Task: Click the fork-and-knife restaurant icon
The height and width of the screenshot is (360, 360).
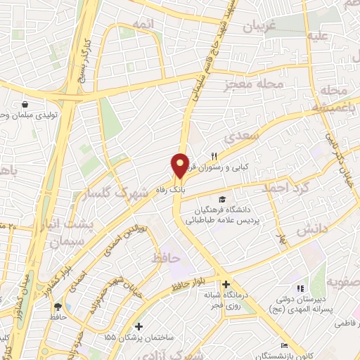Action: point(214,156)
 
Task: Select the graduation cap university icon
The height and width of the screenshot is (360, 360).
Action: point(223,200)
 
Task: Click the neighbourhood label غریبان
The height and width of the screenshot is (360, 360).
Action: point(264,27)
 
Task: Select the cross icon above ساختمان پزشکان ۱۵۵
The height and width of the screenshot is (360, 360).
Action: point(139,327)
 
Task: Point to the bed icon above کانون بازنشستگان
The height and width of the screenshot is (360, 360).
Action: point(283,345)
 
